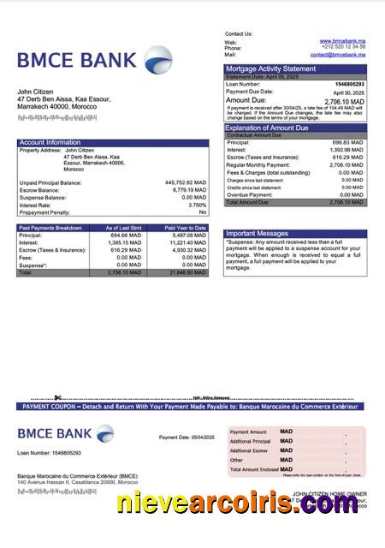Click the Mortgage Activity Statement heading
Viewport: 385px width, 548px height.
270,68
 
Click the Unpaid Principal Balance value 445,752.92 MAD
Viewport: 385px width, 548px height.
186,182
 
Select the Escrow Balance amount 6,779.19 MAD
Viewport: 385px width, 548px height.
188,190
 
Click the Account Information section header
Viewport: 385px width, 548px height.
50,142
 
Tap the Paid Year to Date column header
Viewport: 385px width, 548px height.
186,228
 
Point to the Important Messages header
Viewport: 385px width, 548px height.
257,233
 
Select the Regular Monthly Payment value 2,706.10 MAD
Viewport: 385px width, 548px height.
346,164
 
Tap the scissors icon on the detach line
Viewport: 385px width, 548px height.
57,397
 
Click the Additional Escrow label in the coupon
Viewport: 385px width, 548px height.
249,450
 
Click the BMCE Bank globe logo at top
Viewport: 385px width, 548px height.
157,60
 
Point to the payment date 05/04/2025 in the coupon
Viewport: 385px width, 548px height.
198,438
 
